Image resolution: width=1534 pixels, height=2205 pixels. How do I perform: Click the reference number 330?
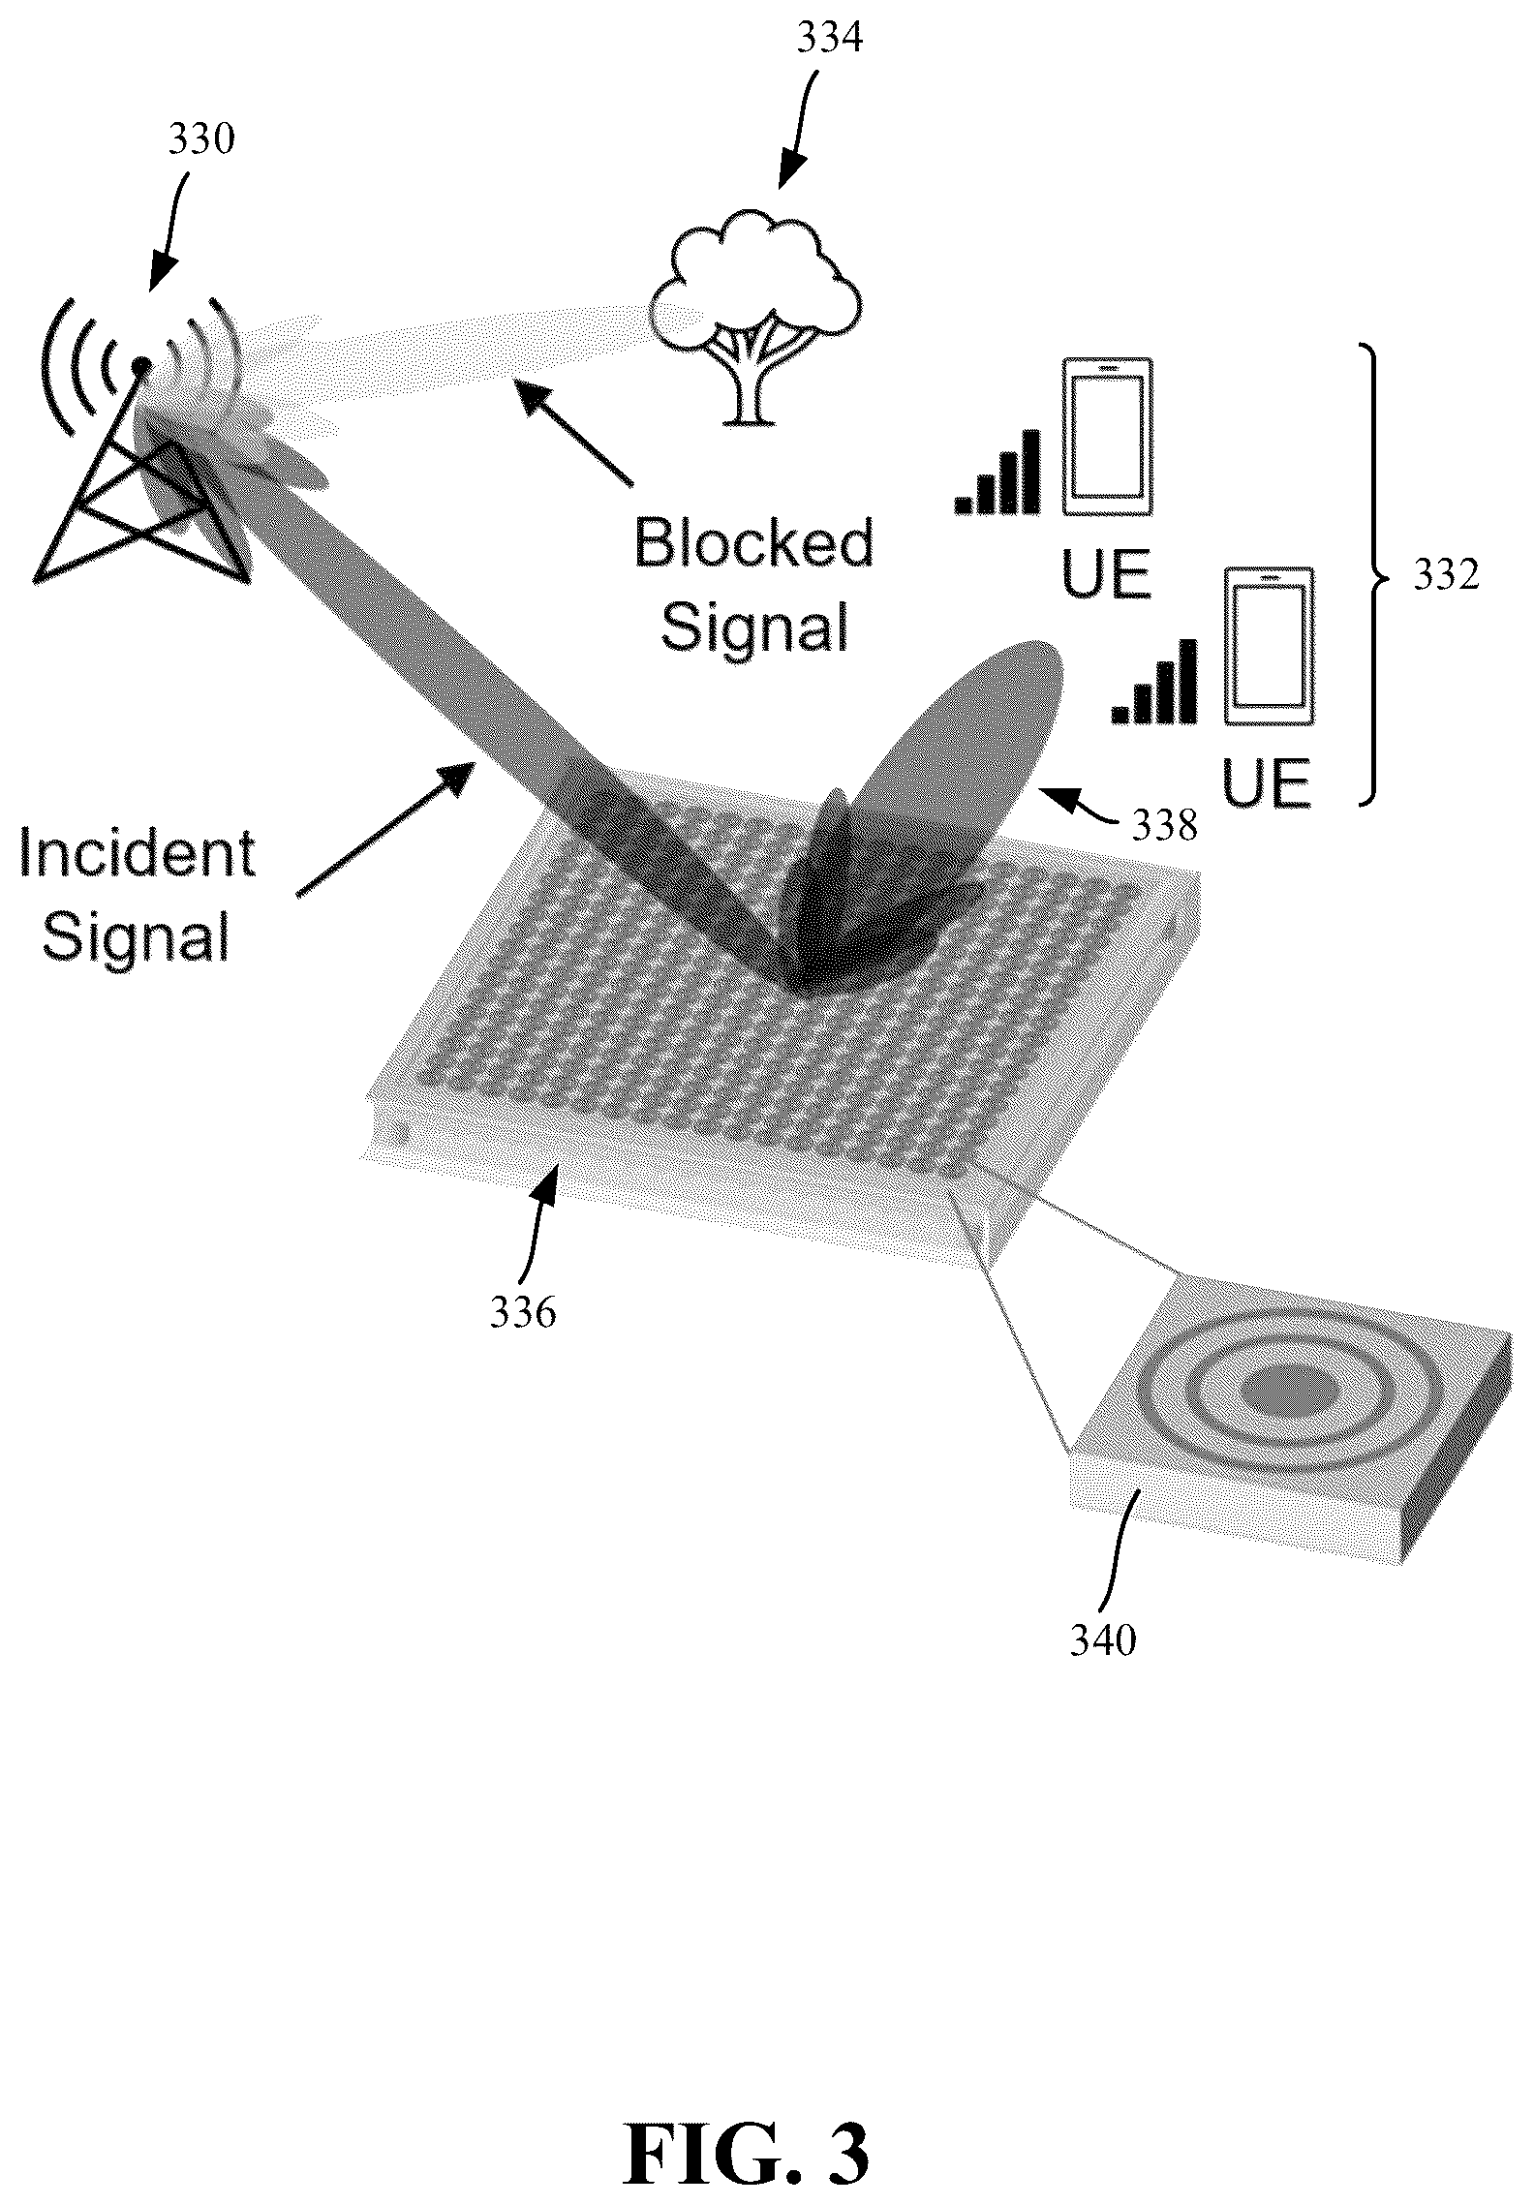[201, 140]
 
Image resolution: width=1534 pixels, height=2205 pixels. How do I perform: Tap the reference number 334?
[829, 40]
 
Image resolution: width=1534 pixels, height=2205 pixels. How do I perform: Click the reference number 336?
[523, 1313]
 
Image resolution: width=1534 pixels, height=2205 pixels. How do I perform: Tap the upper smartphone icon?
[1108, 437]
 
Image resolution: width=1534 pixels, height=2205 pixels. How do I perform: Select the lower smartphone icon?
[1270, 646]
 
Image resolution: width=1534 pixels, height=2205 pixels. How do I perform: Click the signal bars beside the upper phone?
[997, 472]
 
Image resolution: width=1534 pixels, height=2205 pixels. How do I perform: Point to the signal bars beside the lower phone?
[1155, 681]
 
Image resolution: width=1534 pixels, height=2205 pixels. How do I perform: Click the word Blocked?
[754, 543]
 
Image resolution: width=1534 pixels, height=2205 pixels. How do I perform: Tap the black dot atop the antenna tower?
[141, 365]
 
